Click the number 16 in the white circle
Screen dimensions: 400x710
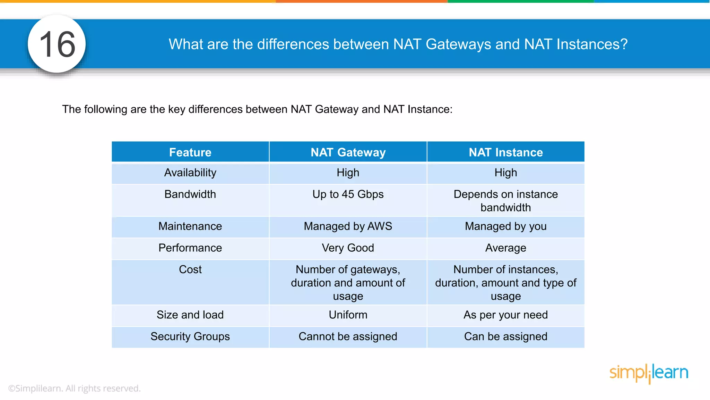click(57, 44)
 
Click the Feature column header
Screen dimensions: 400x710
click(190, 152)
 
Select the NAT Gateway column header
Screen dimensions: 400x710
click(348, 152)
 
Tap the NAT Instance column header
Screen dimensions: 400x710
click(505, 152)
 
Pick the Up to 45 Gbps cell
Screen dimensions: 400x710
click(348, 194)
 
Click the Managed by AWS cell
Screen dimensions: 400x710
click(348, 226)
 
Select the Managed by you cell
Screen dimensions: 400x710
click(505, 226)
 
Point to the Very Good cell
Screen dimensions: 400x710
click(348, 248)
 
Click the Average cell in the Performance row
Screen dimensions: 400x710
click(505, 248)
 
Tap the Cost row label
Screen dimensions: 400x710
click(190, 269)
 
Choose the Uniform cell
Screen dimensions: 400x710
click(348, 315)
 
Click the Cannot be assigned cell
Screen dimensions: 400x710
click(348, 336)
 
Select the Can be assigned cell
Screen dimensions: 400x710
click(505, 336)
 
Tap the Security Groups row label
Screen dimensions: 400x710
click(190, 336)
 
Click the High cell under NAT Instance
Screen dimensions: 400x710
click(505, 173)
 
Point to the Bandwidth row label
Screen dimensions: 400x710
click(190, 194)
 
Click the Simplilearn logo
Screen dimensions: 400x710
click(649, 373)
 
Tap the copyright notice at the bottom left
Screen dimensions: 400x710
click(74, 388)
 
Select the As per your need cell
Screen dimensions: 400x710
click(505, 315)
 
